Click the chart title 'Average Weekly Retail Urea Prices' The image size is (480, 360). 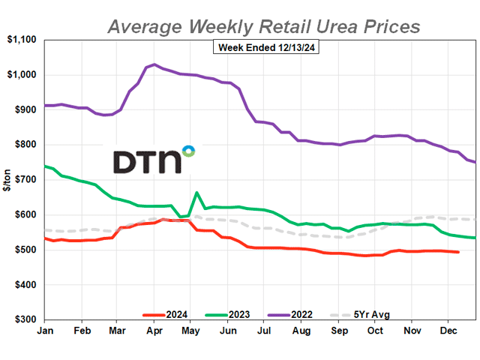pyautogui.click(x=263, y=26)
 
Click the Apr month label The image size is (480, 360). pyautogui.click(x=154, y=331)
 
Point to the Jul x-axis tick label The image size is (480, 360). pyautogui.click(x=264, y=331)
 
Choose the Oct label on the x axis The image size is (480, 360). pyautogui.click(x=374, y=331)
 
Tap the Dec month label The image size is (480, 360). pyautogui.click(x=448, y=331)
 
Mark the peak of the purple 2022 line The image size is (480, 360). pyautogui.click(x=154, y=64)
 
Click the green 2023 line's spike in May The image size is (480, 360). pyautogui.click(x=196, y=193)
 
